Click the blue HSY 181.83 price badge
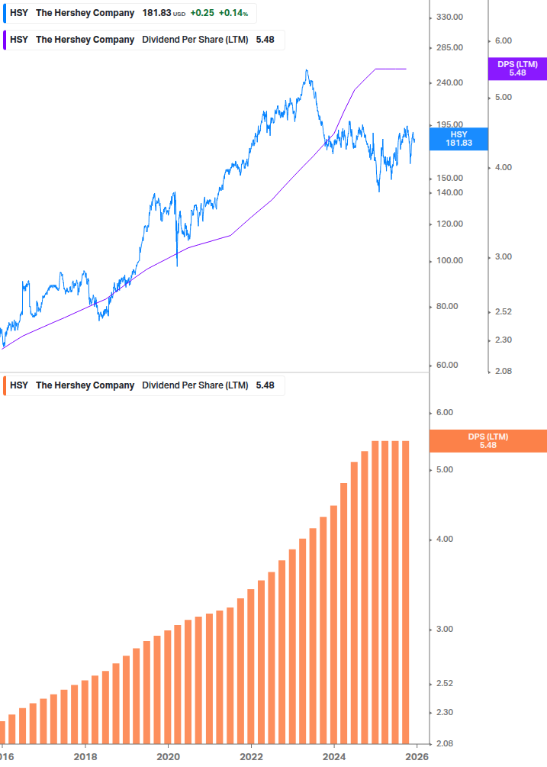point(459,138)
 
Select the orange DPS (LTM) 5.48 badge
point(487,440)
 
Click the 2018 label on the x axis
point(85,757)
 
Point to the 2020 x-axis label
point(168,757)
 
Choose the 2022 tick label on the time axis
point(251,757)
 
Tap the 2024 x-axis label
point(334,757)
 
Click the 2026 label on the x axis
point(416,757)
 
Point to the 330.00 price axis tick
point(449,18)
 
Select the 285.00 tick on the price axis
point(449,47)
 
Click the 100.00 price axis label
point(449,260)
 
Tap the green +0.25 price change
point(202,13)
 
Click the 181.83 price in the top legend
point(156,13)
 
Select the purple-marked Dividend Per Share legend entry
point(145,40)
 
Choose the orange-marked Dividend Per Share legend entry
point(145,385)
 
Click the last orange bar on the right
point(406,591)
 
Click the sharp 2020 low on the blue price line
point(177,265)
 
